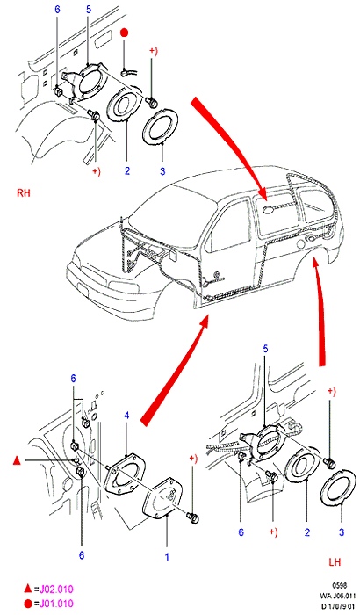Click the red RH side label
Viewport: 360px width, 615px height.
(x=23, y=193)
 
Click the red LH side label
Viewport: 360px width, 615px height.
(x=335, y=562)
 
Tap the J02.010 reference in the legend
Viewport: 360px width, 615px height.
(x=54, y=590)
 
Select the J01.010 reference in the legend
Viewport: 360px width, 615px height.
(x=54, y=604)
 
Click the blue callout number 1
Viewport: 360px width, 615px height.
(x=167, y=556)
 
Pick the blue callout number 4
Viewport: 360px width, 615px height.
(x=126, y=416)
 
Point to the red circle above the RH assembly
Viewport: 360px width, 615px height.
(x=125, y=33)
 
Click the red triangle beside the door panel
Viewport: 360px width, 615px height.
(x=17, y=460)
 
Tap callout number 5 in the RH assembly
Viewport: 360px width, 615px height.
(x=88, y=9)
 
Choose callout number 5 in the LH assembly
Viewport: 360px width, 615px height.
(x=265, y=349)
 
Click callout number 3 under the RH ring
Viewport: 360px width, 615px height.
(x=162, y=171)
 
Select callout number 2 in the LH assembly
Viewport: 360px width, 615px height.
(x=307, y=532)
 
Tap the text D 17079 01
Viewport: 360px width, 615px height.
(x=338, y=607)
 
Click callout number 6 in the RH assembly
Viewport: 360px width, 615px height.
(x=57, y=9)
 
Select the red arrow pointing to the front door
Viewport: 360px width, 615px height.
(x=175, y=371)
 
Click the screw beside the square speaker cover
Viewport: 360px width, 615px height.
(x=193, y=517)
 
